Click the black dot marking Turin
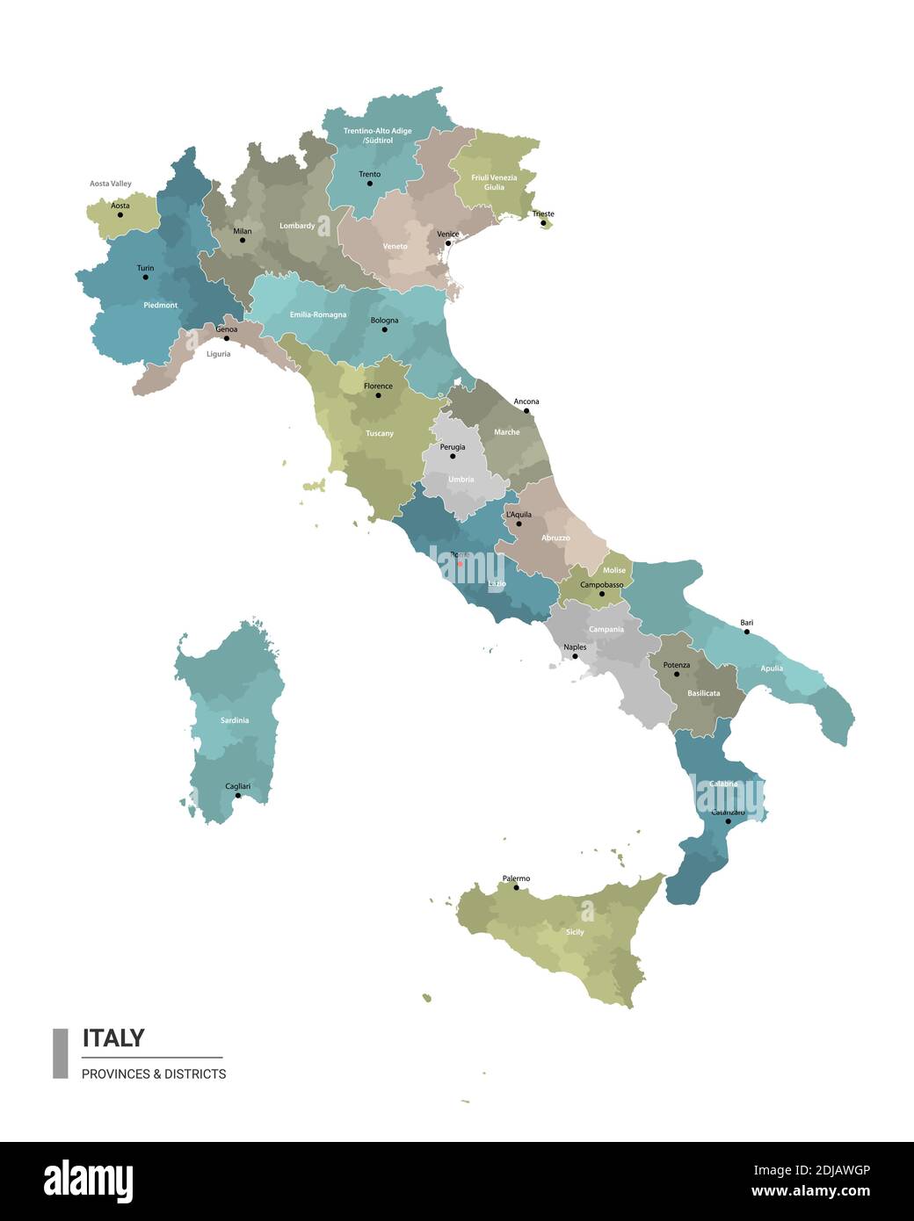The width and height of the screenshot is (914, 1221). (146, 278)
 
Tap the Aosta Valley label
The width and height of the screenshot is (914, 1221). (111, 184)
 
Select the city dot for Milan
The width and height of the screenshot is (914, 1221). (243, 241)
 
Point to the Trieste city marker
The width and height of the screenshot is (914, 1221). (543, 223)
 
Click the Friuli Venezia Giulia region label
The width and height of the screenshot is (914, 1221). (494, 182)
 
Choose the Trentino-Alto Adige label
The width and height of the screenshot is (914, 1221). (377, 135)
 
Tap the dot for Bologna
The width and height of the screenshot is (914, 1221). (384, 330)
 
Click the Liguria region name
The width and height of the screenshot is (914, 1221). (218, 354)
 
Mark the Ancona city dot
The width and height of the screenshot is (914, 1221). (526, 411)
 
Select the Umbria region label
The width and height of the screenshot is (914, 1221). (461, 480)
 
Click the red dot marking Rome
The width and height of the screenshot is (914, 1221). (459, 564)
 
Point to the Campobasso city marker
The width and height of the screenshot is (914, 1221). (602, 595)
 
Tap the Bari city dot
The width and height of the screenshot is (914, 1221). (747, 632)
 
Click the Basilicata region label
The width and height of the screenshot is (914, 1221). (703, 693)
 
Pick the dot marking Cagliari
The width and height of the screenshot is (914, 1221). (237, 796)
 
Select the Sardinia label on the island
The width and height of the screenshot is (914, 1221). (235, 720)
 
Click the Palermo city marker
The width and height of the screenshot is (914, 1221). (516, 888)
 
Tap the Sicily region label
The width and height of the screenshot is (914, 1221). (575, 932)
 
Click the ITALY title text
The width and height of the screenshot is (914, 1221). (113, 1037)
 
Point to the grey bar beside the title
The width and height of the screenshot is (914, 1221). (61, 1053)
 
